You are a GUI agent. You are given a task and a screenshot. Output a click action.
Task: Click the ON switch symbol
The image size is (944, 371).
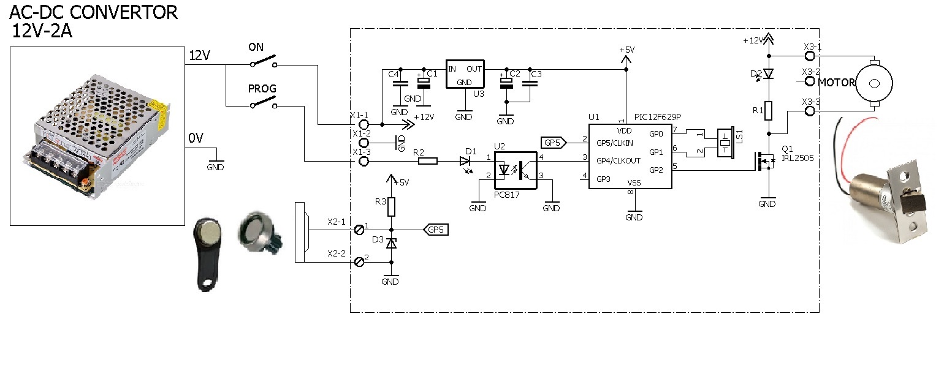[x=264, y=61]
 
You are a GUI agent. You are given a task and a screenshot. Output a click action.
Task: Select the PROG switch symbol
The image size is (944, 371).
[x=264, y=102]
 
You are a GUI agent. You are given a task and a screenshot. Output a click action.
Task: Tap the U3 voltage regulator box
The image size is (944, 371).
[x=465, y=74]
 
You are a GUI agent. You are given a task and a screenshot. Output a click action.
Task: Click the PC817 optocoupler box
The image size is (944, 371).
[x=515, y=171]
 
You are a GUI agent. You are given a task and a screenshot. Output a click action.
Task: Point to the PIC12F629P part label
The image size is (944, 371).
[x=657, y=117]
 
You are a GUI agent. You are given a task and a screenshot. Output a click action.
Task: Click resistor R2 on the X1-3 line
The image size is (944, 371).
[x=428, y=161]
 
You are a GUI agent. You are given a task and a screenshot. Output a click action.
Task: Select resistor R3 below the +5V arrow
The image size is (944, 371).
[x=391, y=207]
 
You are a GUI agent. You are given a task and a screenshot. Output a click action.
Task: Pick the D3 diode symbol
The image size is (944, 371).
[x=391, y=244]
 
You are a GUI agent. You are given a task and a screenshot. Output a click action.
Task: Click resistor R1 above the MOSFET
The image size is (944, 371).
[x=769, y=111]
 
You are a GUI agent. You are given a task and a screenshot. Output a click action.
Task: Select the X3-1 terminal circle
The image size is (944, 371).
[x=810, y=56]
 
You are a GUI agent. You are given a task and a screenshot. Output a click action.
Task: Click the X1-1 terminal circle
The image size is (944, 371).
[x=364, y=125]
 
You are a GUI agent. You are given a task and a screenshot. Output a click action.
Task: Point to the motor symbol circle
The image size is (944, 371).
[x=875, y=83]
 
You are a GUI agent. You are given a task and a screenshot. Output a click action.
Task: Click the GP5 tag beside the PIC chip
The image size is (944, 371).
[x=554, y=143]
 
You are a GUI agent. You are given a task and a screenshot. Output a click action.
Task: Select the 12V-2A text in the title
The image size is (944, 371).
[x=42, y=31]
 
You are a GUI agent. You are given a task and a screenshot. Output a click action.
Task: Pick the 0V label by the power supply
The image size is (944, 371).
[x=196, y=138]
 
